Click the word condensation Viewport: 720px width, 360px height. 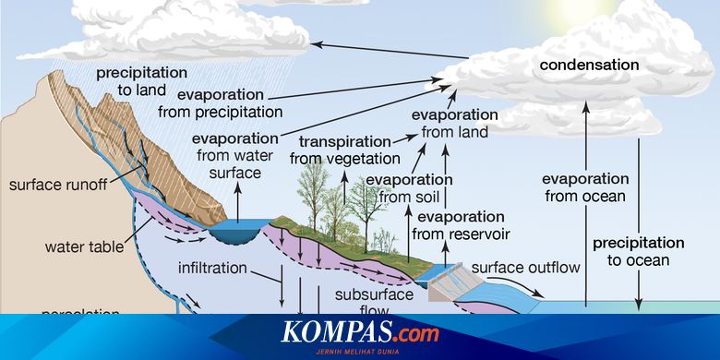589,65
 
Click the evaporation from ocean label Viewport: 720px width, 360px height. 583,186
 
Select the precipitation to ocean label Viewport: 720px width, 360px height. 639,251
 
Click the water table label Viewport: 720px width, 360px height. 78,247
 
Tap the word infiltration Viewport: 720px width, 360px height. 212,269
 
